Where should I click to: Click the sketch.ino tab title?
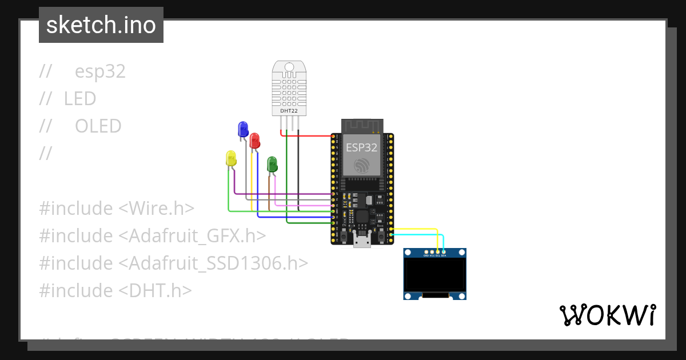pyautogui.click(x=101, y=25)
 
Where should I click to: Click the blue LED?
pyautogui.click(x=243, y=128)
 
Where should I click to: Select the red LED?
pyautogui.click(x=255, y=140)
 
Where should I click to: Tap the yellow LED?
pyautogui.click(x=231, y=158)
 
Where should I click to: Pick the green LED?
pyautogui.click(x=273, y=163)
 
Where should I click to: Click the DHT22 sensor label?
pyautogui.click(x=289, y=110)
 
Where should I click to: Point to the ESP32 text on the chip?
pyautogui.click(x=361, y=147)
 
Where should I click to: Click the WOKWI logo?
pyautogui.click(x=607, y=315)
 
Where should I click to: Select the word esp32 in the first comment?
pyautogui.click(x=100, y=71)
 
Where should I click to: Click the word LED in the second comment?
pyautogui.click(x=80, y=99)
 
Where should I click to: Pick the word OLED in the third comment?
pyautogui.click(x=98, y=126)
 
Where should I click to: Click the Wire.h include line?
pyautogui.click(x=117, y=209)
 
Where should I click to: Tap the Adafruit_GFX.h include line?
pyautogui.click(x=153, y=236)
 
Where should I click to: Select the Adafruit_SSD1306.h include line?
pyautogui.click(x=174, y=263)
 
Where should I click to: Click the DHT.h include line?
pyautogui.click(x=115, y=291)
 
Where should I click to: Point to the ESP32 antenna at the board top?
pyautogui.click(x=361, y=125)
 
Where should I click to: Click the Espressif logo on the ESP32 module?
pyautogui.click(x=361, y=166)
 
